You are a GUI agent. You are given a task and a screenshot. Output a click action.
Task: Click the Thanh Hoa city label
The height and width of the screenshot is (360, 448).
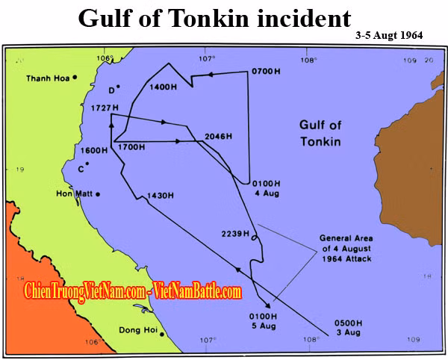tap(47, 78)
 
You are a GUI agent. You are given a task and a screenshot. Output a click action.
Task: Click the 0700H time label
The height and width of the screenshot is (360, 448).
tap(268, 72)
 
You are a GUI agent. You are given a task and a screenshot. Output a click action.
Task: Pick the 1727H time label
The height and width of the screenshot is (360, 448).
tap(96, 108)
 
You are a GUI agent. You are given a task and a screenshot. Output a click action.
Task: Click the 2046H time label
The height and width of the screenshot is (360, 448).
tap(218, 136)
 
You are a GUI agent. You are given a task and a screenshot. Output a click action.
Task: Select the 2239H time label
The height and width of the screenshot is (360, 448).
tap(235, 234)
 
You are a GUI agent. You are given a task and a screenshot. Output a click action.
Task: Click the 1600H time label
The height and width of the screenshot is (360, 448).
tap(96, 150)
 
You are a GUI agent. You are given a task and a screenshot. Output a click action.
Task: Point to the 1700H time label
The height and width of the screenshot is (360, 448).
tap(131, 147)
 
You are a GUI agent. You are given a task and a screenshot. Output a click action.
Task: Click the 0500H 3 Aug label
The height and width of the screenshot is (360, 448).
tap(349, 329)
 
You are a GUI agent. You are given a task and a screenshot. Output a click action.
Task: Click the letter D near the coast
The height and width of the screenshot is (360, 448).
tap(111, 91)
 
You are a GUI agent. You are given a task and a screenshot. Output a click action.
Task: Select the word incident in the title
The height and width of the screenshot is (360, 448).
tap(302, 18)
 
